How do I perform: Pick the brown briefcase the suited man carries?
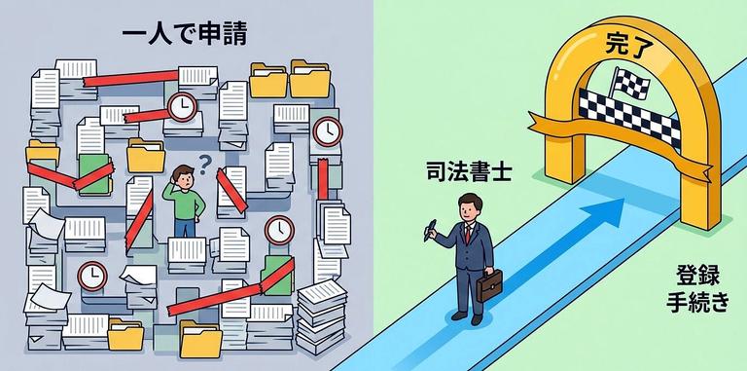click(491, 285)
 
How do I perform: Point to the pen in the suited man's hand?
click(429, 230)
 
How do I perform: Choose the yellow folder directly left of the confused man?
click(146, 157)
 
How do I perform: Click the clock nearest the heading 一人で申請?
click(181, 105)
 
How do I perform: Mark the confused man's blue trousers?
click(186, 229)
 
